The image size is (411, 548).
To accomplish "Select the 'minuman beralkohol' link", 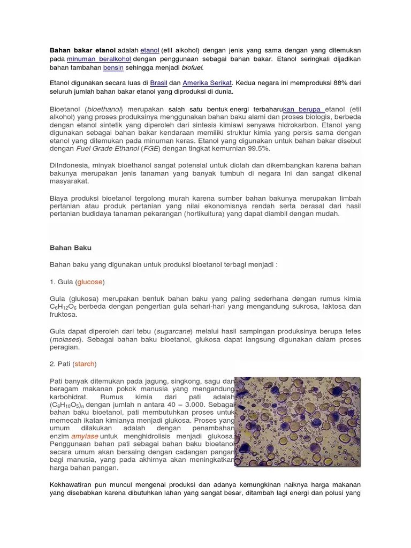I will click(x=99, y=59).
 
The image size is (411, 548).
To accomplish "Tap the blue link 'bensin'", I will click(x=113, y=68).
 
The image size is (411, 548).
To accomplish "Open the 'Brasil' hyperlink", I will click(x=159, y=83).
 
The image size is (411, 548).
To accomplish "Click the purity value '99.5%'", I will click(x=256, y=148).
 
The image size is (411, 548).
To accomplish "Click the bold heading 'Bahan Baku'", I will click(x=71, y=248).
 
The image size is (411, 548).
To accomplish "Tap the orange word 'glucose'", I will click(x=90, y=282).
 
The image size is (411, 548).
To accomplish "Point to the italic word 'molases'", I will click(x=67, y=340).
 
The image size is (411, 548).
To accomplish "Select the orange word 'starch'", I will click(x=85, y=364).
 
